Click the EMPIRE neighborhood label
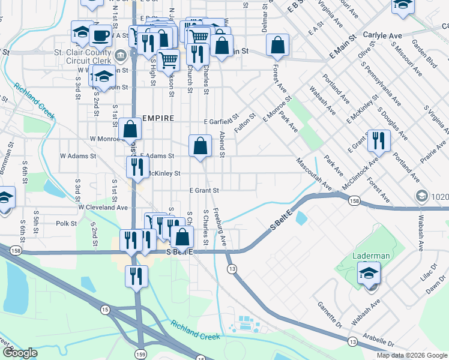(x=157, y=118)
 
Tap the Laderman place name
(x=370, y=256)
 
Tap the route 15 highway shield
(x=106, y=310)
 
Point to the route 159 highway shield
(x=140, y=353)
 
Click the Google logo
(x=19, y=353)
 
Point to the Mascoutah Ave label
(x=313, y=175)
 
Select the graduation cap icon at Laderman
(x=369, y=274)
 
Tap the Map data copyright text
(x=412, y=355)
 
